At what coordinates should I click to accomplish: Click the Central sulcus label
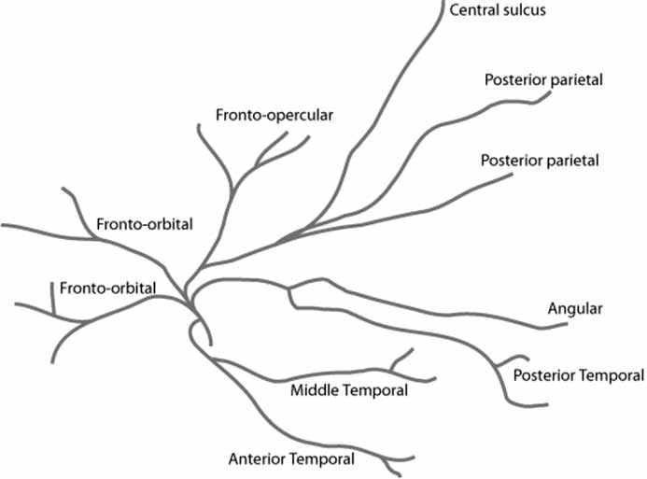point(496,11)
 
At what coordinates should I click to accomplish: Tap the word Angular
point(575,308)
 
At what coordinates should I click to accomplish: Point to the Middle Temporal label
point(349,390)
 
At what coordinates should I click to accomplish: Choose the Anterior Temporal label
point(291,458)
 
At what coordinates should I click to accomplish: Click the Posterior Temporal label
point(578,375)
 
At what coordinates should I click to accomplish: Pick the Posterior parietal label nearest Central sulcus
point(543,79)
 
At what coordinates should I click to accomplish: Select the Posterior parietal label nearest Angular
point(539,161)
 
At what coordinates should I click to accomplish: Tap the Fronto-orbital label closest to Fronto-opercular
point(144,225)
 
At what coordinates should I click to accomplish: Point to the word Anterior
point(258,458)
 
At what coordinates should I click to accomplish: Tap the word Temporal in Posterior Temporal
point(612,375)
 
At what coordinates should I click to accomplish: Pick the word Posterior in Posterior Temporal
point(545,375)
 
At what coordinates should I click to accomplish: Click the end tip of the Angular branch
point(566,323)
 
